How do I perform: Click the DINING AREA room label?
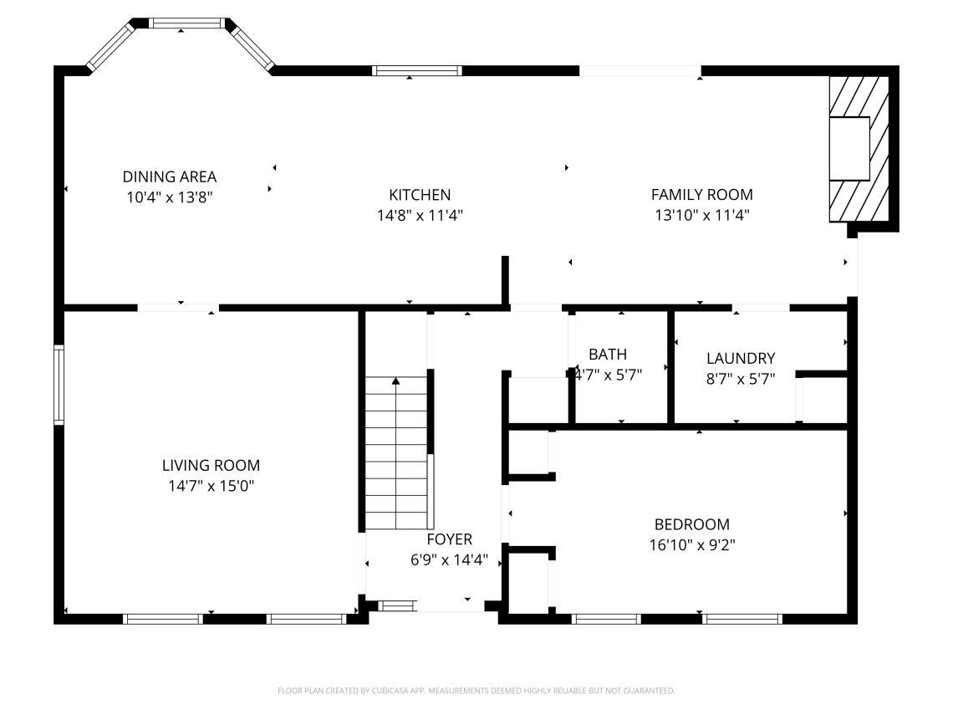click(x=170, y=177)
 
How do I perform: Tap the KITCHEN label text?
click(x=420, y=195)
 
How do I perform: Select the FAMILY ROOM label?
click(x=702, y=195)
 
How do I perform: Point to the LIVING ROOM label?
click(x=211, y=466)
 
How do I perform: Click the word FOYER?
click(x=449, y=539)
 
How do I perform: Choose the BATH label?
click(x=608, y=355)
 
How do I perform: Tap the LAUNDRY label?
click(x=741, y=359)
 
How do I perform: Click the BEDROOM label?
click(x=692, y=524)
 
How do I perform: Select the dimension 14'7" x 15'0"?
click(x=211, y=486)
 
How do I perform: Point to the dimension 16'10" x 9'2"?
click(x=692, y=544)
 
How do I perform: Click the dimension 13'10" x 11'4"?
click(x=702, y=215)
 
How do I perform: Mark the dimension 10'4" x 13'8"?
click(x=170, y=197)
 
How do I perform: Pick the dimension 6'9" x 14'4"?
click(x=449, y=560)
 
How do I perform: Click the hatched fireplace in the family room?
click(x=859, y=149)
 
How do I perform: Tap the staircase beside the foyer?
click(x=396, y=453)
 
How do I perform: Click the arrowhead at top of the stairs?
click(x=396, y=381)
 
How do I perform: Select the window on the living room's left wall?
click(x=59, y=384)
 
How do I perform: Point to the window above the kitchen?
click(x=417, y=70)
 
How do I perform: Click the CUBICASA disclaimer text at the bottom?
click(x=476, y=691)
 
